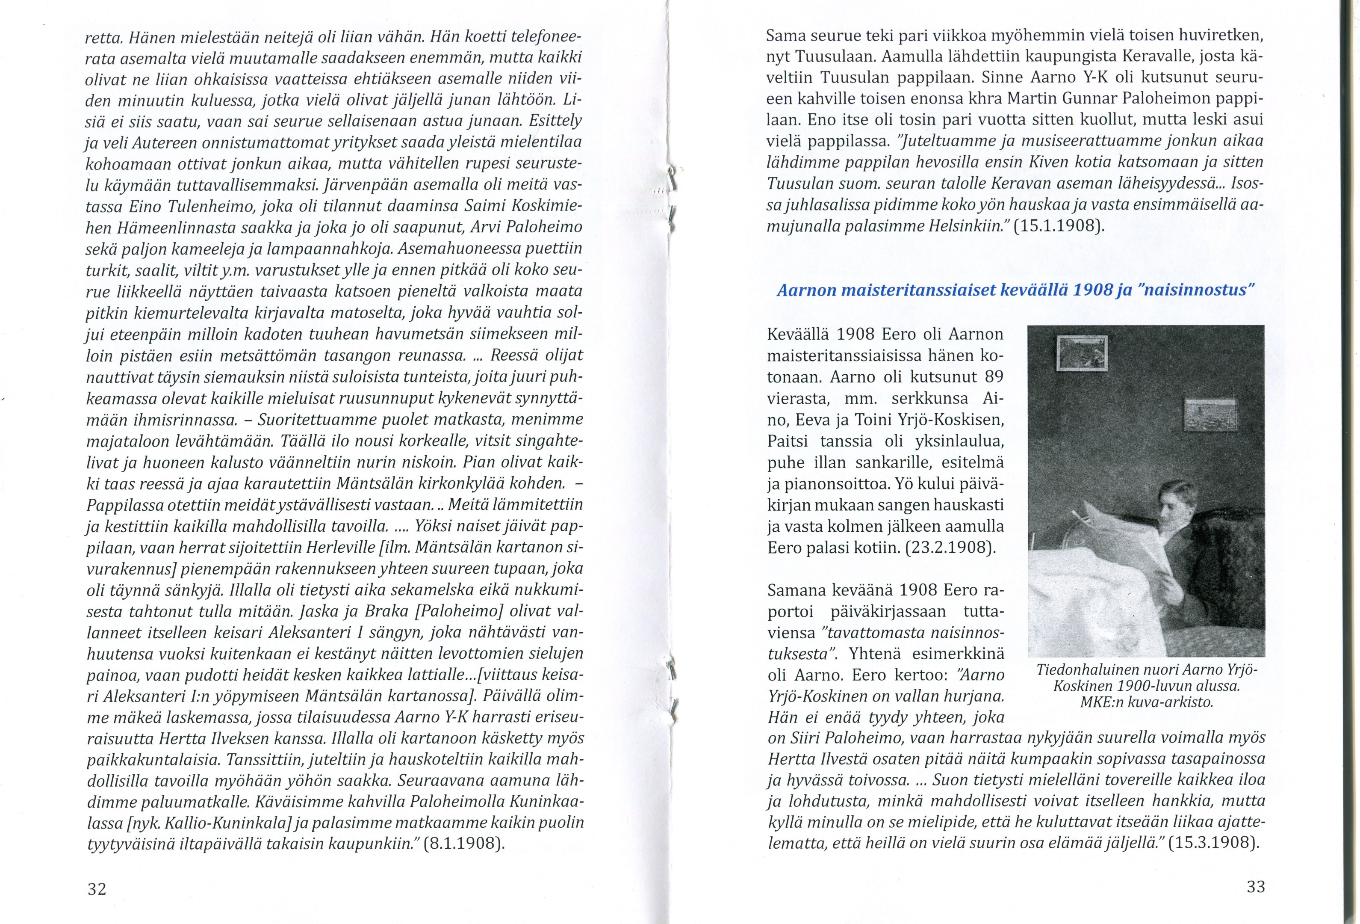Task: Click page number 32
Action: pos(97,889)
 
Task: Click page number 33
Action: pos(1256,886)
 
